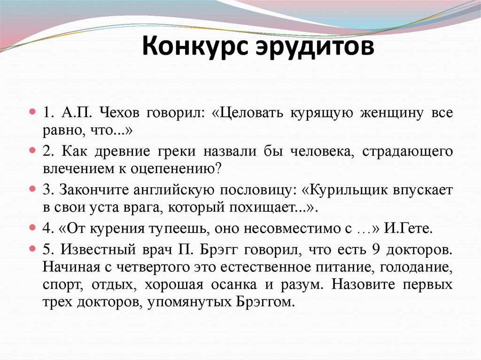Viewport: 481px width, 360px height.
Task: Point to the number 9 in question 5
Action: pyautogui.click(x=375, y=250)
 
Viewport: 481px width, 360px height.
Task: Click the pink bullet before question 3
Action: pyautogui.click(x=32, y=190)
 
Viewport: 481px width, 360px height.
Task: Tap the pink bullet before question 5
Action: pyautogui.click(x=32, y=250)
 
